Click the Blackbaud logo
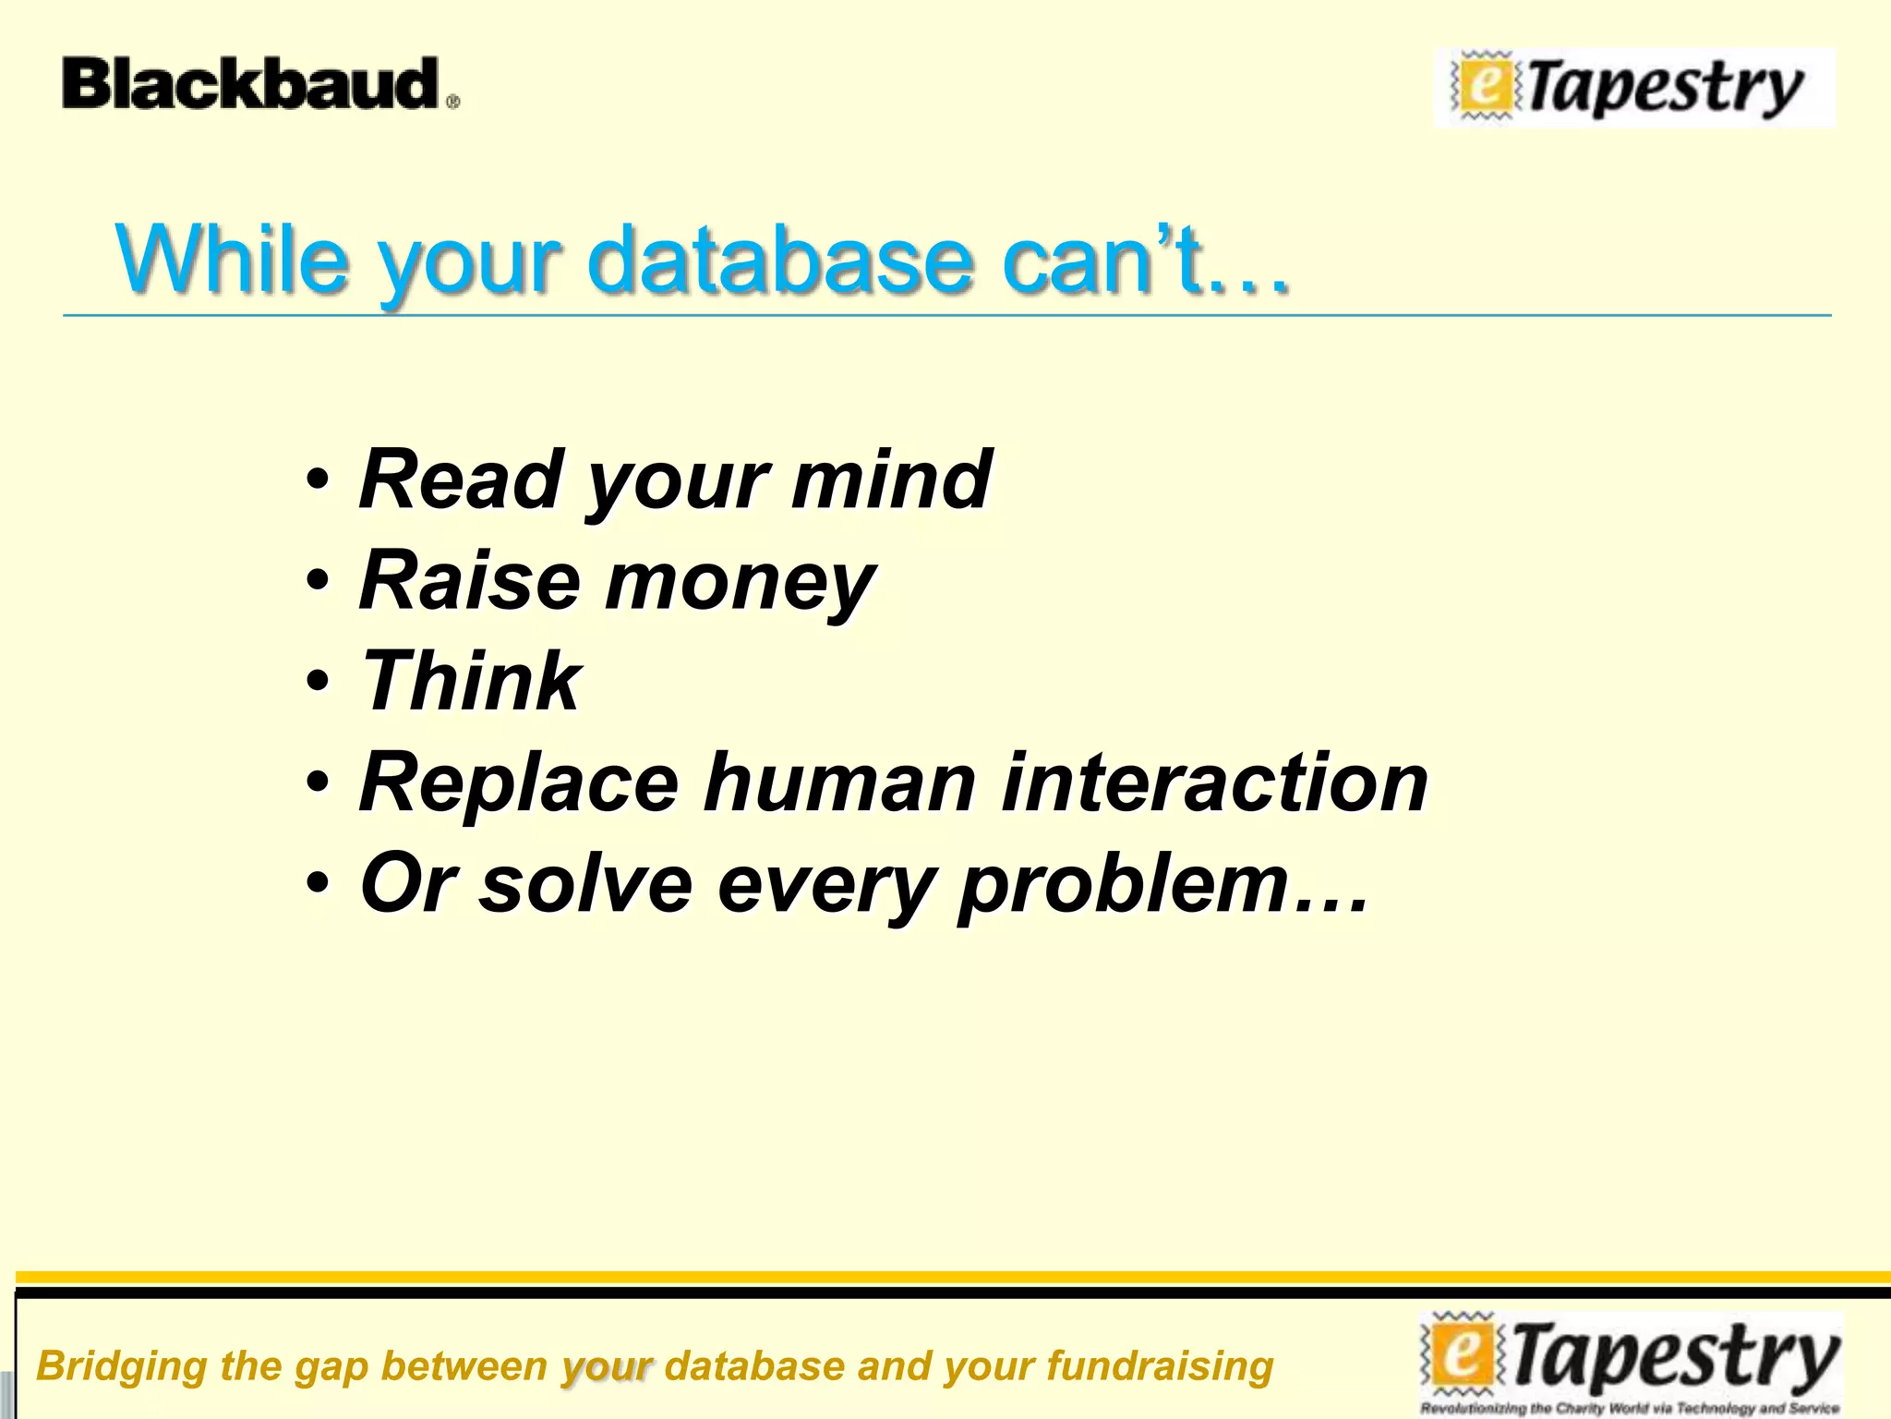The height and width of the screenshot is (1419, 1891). pos(259,84)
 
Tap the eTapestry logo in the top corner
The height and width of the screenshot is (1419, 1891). pos(1634,88)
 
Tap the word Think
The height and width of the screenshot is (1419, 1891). pos(471,681)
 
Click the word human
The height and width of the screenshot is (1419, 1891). pos(839,782)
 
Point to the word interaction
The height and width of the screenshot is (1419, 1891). pos(1215,782)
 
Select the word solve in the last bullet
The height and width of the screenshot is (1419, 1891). pos(585,883)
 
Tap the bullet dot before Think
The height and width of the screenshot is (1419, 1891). pos(318,682)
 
